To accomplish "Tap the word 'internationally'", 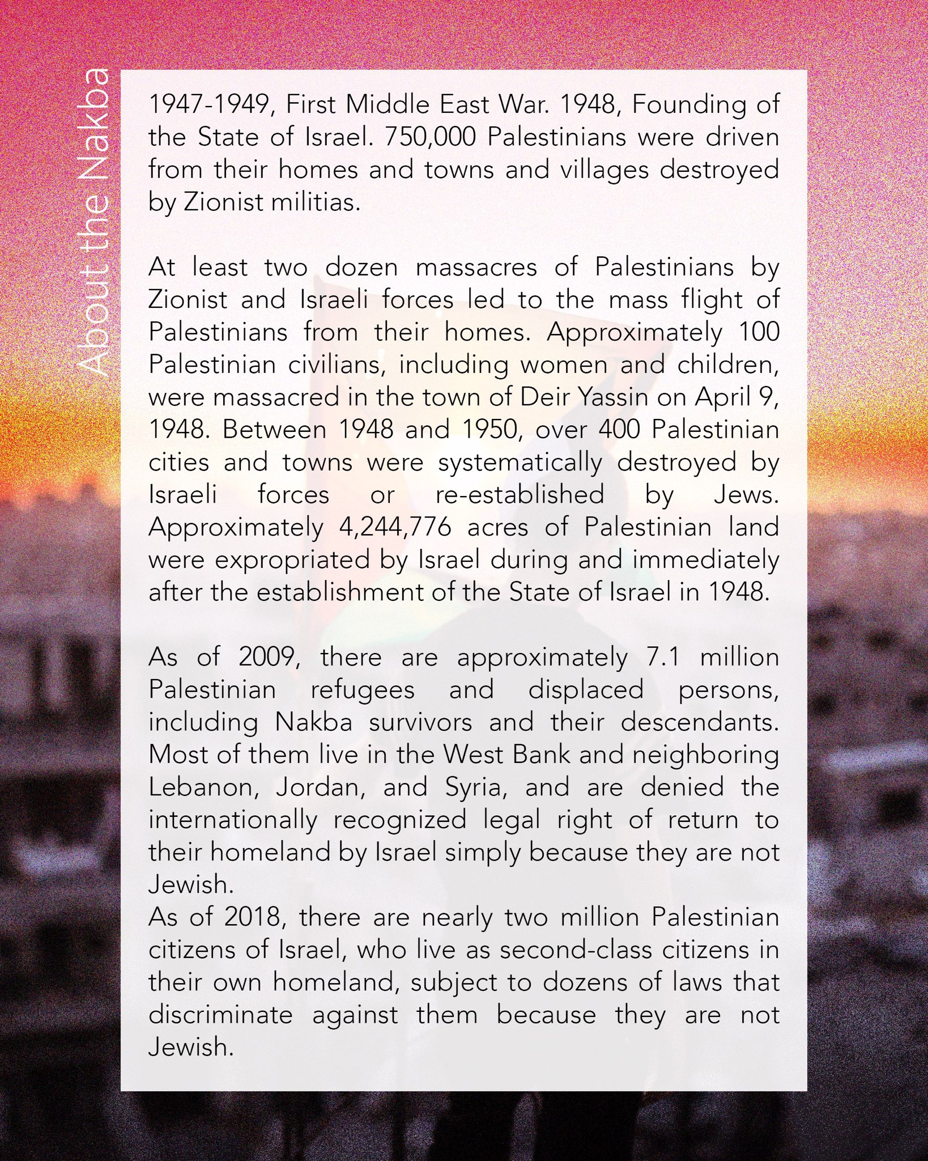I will click(x=233, y=820).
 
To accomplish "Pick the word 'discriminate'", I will click(x=220, y=1015).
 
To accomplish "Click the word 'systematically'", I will click(x=520, y=463).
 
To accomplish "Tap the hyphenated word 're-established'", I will click(x=520, y=495).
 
